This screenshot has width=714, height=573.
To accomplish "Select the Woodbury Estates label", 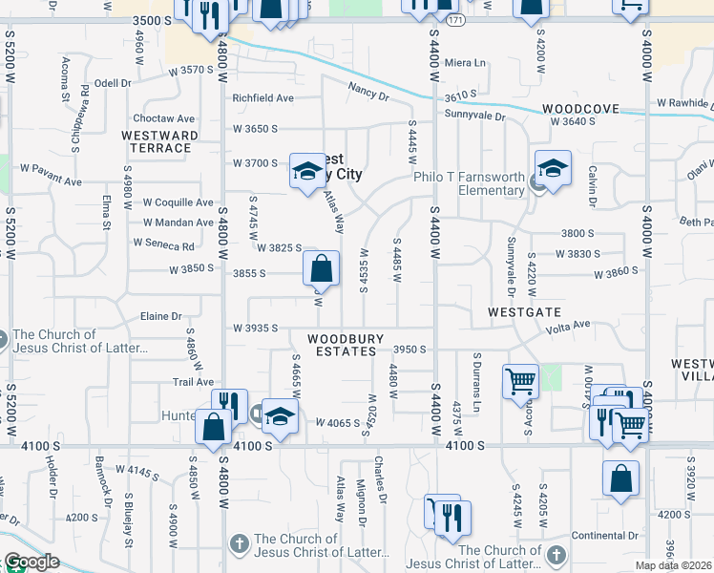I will coord(346,345).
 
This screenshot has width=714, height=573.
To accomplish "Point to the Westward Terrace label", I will coord(160,141).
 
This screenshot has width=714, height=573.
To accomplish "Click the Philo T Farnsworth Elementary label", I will coord(469,182).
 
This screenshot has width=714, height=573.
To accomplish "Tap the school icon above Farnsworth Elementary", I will coord(553,170).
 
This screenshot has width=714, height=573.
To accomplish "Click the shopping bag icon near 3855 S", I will coord(322,269).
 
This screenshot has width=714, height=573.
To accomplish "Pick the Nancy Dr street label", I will coord(368,95).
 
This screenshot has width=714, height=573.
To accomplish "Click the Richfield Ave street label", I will coord(262,97).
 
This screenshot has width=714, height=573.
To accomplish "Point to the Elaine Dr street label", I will coord(160,316).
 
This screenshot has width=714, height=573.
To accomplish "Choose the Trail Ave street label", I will coord(192,381).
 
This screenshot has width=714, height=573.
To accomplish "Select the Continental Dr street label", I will coord(605,535).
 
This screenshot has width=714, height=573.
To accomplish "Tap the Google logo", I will coord(31,562).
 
